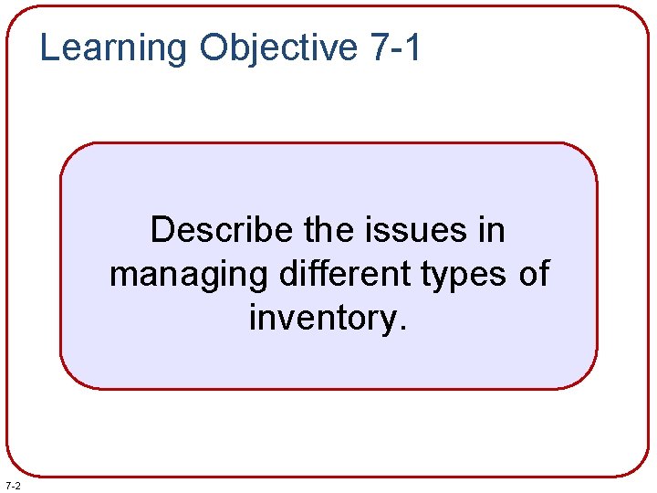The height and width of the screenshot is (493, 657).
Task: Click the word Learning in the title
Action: click(x=113, y=47)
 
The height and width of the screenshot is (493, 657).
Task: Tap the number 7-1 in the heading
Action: click(x=397, y=47)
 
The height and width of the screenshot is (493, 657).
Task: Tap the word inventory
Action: click(x=321, y=318)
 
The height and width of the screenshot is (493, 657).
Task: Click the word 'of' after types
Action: click(x=534, y=273)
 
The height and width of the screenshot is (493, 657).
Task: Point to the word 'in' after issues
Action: click(x=491, y=230)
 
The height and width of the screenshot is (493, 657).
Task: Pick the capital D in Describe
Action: click(x=162, y=230)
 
